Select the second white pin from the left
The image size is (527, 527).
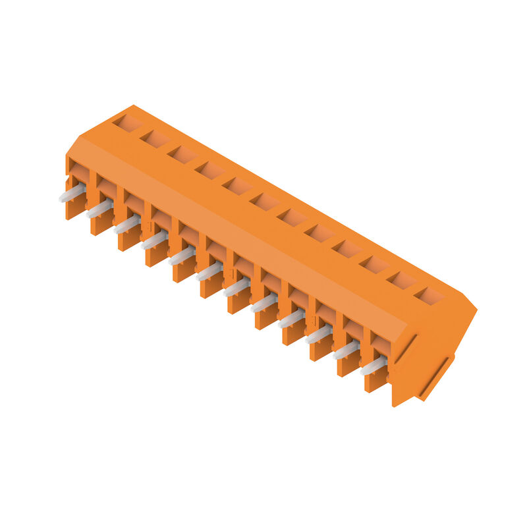coord(99,209)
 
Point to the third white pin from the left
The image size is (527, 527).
coord(126,225)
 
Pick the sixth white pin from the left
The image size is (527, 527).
coord(209,271)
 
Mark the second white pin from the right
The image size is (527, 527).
coord(345,350)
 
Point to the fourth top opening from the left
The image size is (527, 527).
coord(210,169)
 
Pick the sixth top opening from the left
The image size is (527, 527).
coord(265,201)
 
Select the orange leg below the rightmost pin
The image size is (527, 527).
coord(375,381)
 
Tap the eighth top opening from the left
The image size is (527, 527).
coord(319,232)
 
